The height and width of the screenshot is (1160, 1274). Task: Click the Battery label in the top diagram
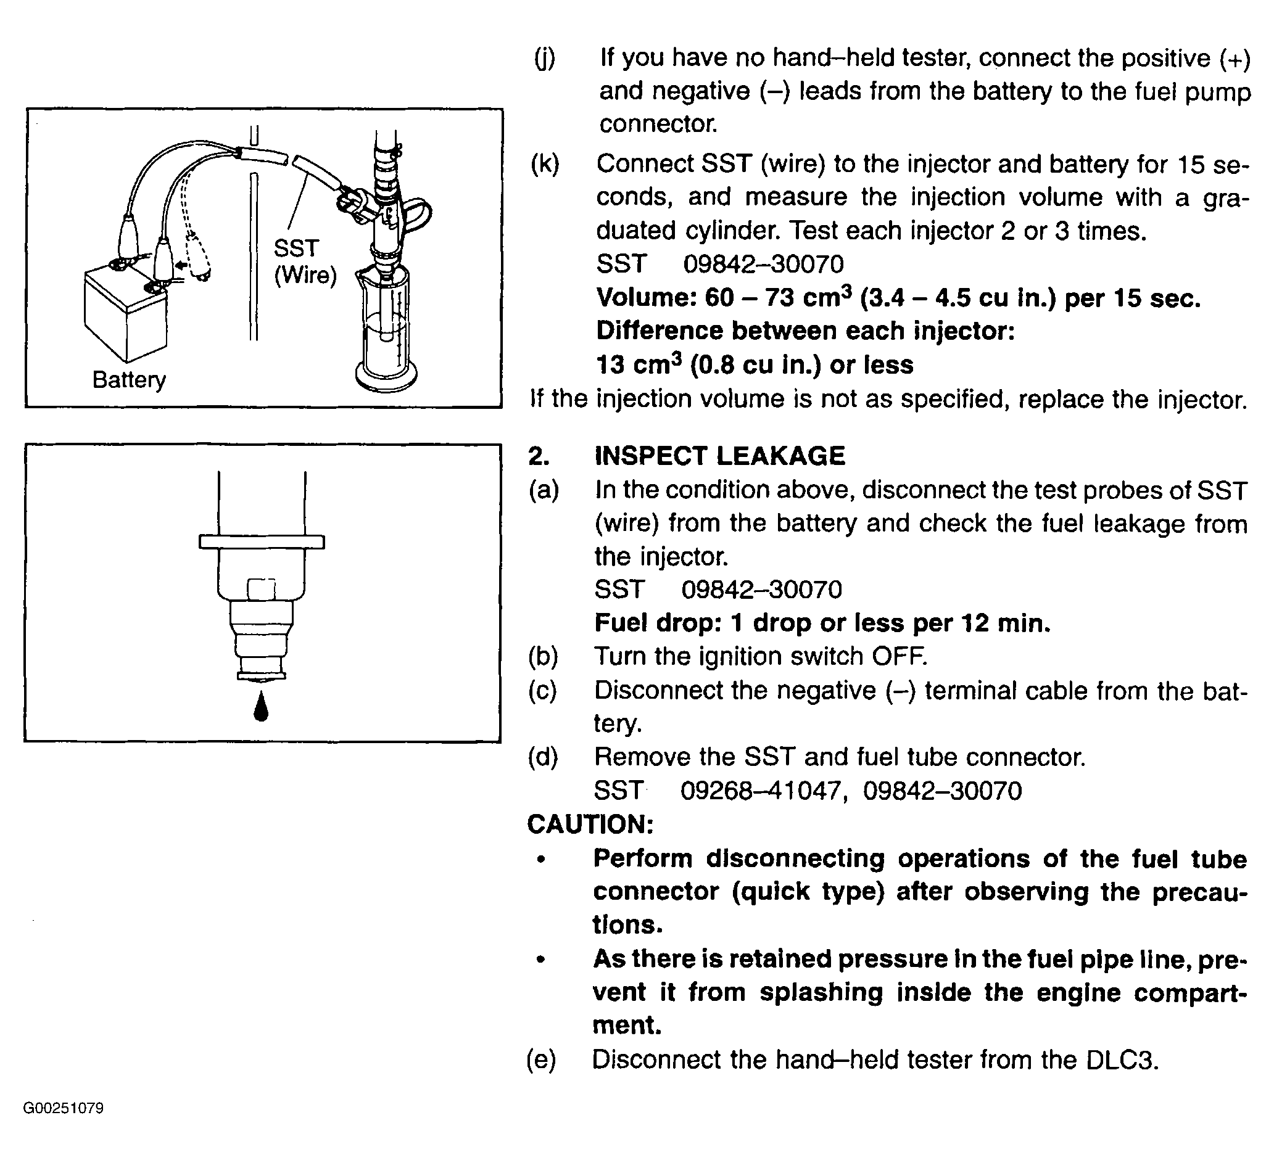(129, 380)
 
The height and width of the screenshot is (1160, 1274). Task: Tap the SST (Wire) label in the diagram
(305, 261)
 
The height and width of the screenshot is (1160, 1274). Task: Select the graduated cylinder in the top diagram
(385, 329)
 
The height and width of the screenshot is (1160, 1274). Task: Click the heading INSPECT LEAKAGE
(719, 456)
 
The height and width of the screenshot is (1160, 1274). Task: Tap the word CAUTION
(590, 824)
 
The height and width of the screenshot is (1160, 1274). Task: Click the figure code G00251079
(63, 1108)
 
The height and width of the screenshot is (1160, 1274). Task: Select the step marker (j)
(544, 59)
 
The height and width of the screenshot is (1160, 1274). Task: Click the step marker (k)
(545, 164)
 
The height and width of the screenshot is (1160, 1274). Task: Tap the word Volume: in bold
(644, 298)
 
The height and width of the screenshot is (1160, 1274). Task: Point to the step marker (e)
(542, 1059)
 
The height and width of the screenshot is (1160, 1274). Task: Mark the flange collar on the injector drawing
(262, 541)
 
